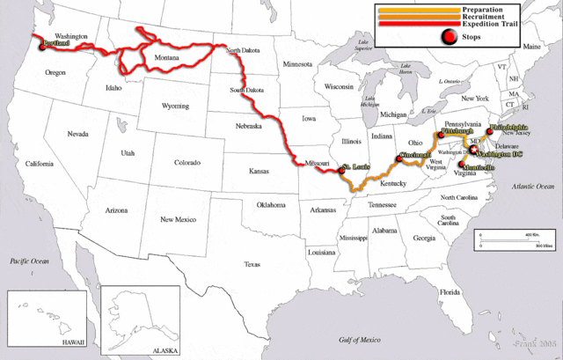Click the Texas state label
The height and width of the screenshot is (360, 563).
tap(252, 264)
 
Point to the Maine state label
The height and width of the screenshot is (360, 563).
tap(532, 46)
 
